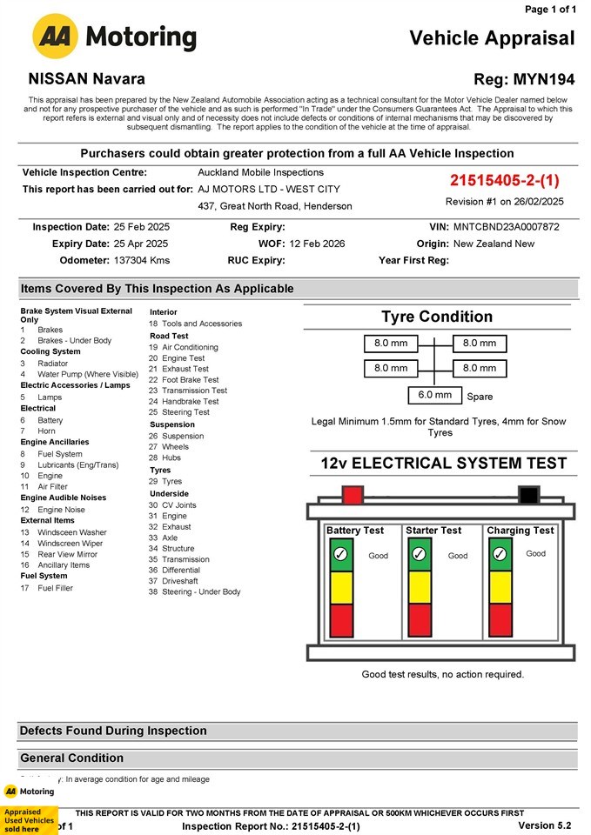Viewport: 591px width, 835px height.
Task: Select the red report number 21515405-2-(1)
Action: coord(505,181)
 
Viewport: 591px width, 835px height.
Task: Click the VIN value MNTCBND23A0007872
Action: coord(507,227)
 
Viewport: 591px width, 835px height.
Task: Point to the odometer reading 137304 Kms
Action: coord(142,260)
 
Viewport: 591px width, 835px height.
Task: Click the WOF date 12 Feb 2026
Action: coord(317,244)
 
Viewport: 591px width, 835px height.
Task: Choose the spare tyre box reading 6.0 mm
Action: coord(435,395)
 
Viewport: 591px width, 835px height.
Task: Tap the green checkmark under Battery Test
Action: coord(341,554)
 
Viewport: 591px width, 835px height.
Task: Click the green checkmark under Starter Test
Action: coord(419,554)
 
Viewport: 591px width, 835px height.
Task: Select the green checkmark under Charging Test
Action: coord(500,554)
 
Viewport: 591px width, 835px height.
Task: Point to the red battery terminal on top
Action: coord(353,496)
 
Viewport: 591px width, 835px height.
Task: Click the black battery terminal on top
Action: coord(528,496)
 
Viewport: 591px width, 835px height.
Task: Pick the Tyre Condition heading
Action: coord(437,317)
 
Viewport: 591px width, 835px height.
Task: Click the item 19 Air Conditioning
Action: coord(184,347)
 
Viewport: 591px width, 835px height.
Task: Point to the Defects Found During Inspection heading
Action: coord(113,731)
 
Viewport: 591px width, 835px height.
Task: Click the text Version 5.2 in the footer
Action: coord(545,825)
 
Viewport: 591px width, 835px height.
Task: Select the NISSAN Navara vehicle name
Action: coord(87,79)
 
